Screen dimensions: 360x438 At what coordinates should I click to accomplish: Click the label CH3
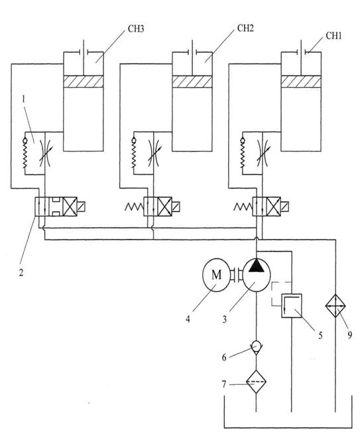click(136, 29)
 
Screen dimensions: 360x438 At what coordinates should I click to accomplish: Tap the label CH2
click(245, 29)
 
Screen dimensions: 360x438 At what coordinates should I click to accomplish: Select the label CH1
click(333, 36)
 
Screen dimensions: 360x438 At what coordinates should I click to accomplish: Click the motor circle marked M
click(216, 275)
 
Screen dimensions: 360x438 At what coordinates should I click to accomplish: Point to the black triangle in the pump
click(257, 266)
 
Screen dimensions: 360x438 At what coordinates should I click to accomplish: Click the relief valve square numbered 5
click(292, 305)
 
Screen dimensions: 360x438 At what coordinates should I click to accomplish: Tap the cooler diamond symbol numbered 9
click(335, 305)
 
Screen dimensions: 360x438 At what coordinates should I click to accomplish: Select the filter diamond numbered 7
click(256, 382)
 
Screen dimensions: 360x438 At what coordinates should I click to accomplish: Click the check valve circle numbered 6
click(256, 346)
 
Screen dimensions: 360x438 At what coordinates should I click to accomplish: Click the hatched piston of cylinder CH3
click(84, 81)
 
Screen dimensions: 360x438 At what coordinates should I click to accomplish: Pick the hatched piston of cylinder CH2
click(192, 81)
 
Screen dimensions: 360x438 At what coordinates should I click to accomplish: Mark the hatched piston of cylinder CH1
click(301, 81)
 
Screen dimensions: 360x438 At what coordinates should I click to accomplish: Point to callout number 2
click(21, 272)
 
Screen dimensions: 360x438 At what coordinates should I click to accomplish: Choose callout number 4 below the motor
click(188, 319)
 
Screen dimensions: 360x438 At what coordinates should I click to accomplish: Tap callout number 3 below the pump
click(224, 319)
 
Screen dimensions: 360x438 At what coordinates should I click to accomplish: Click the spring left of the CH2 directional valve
click(134, 207)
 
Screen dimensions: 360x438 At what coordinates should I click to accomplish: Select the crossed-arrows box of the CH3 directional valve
click(70, 206)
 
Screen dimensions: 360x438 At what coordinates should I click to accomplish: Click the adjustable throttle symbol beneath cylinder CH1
click(262, 153)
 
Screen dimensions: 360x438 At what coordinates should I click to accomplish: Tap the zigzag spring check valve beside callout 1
click(25, 153)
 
